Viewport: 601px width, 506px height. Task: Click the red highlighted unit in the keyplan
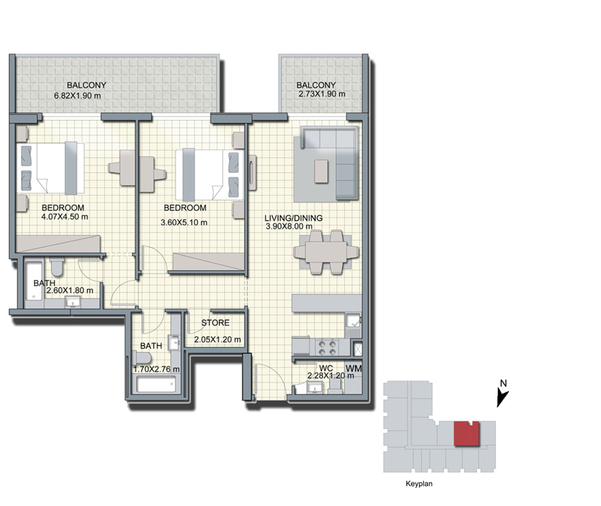[x=466, y=433]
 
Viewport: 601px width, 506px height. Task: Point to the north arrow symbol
[x=502, y=397]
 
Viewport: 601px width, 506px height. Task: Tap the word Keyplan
[x=419, y=484]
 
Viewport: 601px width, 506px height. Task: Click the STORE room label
[x=215, y=323]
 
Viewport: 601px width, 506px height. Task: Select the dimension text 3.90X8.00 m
[x=289, y=226]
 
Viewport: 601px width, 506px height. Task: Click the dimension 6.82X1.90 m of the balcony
[x=78, y=96]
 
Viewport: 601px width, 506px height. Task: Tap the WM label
[x=353, y=368]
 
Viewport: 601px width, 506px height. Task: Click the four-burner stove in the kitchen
[x=327, y=348]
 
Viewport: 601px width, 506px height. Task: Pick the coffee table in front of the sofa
[x=321, y=171]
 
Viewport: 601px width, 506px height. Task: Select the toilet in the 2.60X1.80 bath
[x=57, y=266]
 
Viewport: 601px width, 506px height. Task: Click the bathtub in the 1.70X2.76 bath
[x=156, y=384]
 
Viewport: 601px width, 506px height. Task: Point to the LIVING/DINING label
[x=293, y=218]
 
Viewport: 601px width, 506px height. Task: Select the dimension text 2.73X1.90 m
[x=322, y=94]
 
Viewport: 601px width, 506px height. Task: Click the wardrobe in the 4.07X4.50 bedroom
[x=58, y=244]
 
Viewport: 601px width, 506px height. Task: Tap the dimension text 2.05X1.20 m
[x=217, y=340]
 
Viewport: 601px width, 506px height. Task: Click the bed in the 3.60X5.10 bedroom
[x=209, y=174]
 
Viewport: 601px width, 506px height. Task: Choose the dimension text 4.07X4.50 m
[x=65, y=216]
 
